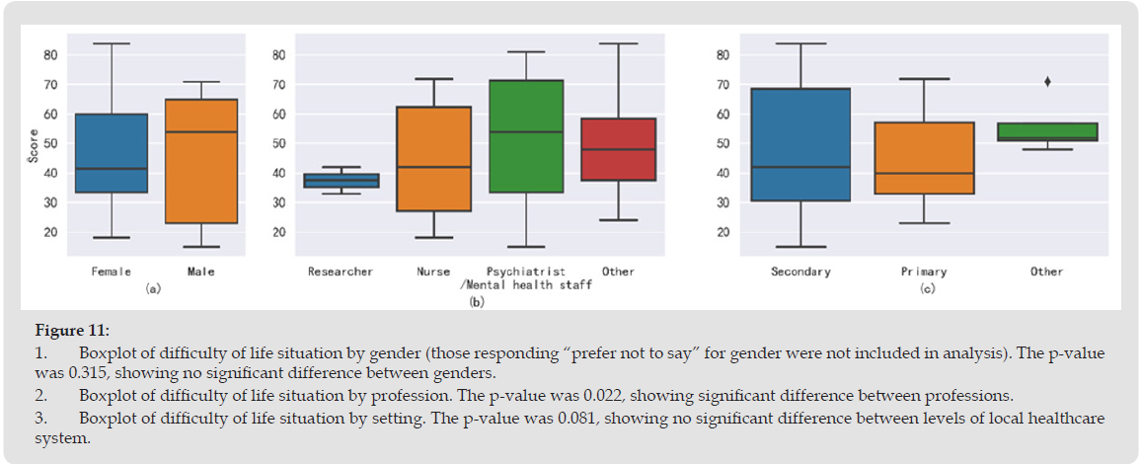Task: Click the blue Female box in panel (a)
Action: pyautogui.click(x=112, y=153)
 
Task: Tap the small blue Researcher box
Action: pyautogui.click(x=341, y=181)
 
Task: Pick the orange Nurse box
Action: pyautogui.click(x=433, y=159)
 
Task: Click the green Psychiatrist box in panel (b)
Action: pyautogui.click(x=526, y=136)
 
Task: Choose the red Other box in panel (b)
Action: pyautogui.click(x=618, y=149)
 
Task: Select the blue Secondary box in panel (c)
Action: pyautogui.click(x=800, y=145)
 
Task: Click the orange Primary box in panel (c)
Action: pyautogui.click(x=924, y=158)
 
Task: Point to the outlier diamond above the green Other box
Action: pyautogui.click(x=1047, y=82)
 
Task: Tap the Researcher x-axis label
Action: pyautogui.click(x=341, y=271)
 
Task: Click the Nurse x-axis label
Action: pyautogui.click(x=433, y=271)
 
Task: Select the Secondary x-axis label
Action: pyautogui.click(x=800, y=271)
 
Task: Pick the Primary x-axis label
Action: pyautogui.click(x=924, y=271)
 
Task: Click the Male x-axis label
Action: pyautogui.click(x=200, y=271)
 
